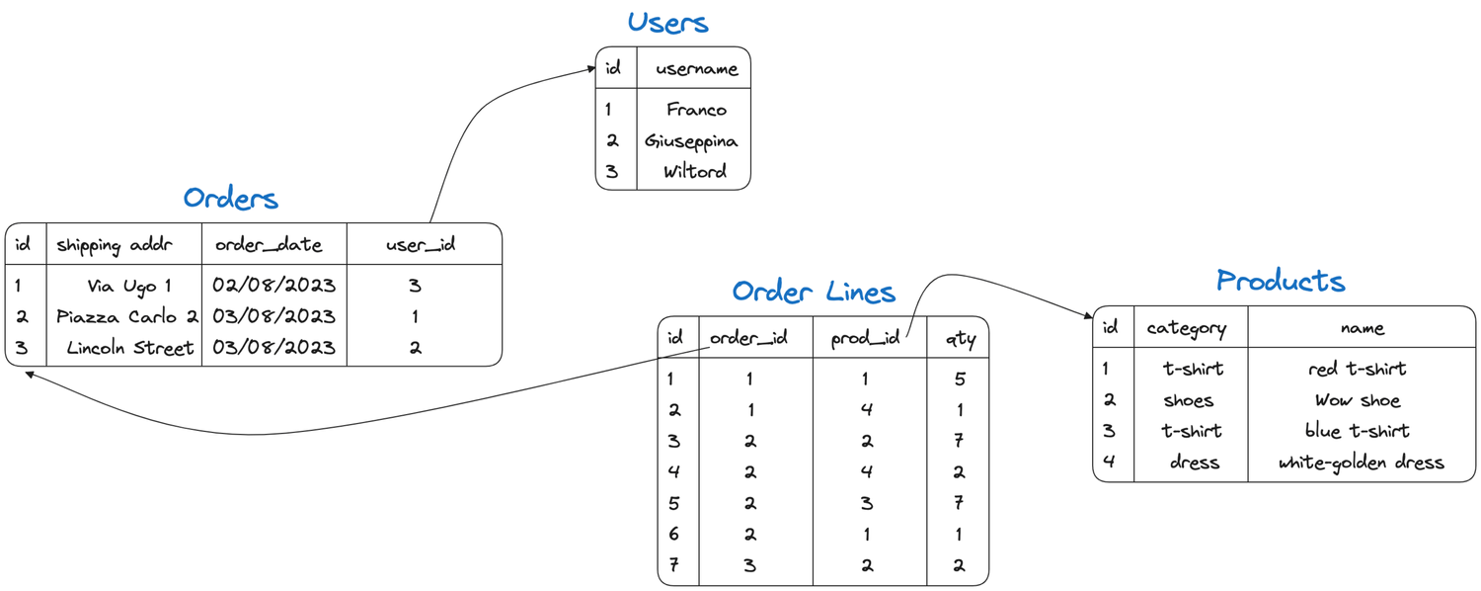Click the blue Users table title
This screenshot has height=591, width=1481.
click(x=668, y=23)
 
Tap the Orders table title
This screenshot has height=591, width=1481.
click(x=231, y=199)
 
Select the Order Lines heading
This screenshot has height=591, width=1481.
click(x=814, y=292)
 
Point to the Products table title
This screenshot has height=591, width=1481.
click(x=1281, y=281)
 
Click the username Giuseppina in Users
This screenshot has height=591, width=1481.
click(x=691, y=140)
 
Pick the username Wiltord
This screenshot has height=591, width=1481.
click(x=695, y=171)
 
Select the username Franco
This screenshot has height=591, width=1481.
click(x=696, y=110)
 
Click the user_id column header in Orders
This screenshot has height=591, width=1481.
click(x=421, y=245)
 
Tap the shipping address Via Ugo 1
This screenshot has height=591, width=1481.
click(x=129, y=286)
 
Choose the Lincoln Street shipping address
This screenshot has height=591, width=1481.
click(x=130, y=348)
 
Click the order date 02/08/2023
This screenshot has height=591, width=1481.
click(x=273, y=286)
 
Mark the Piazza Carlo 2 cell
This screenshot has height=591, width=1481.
click(x=127, y=317)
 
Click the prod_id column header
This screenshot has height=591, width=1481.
click(x=865, y=339)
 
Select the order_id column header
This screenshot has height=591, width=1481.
click(x=749, y=338)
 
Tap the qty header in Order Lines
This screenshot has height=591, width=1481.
click(x=959, y=339)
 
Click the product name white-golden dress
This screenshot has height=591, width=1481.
click(x=1361, y=463)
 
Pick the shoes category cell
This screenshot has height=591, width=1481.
click(x=1188, y=400)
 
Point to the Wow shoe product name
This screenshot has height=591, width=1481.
click(x=1357, y=400)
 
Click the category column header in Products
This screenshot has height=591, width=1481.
click(x=1187, y=328)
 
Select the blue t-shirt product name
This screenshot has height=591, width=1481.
click(x=1357, y=431)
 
